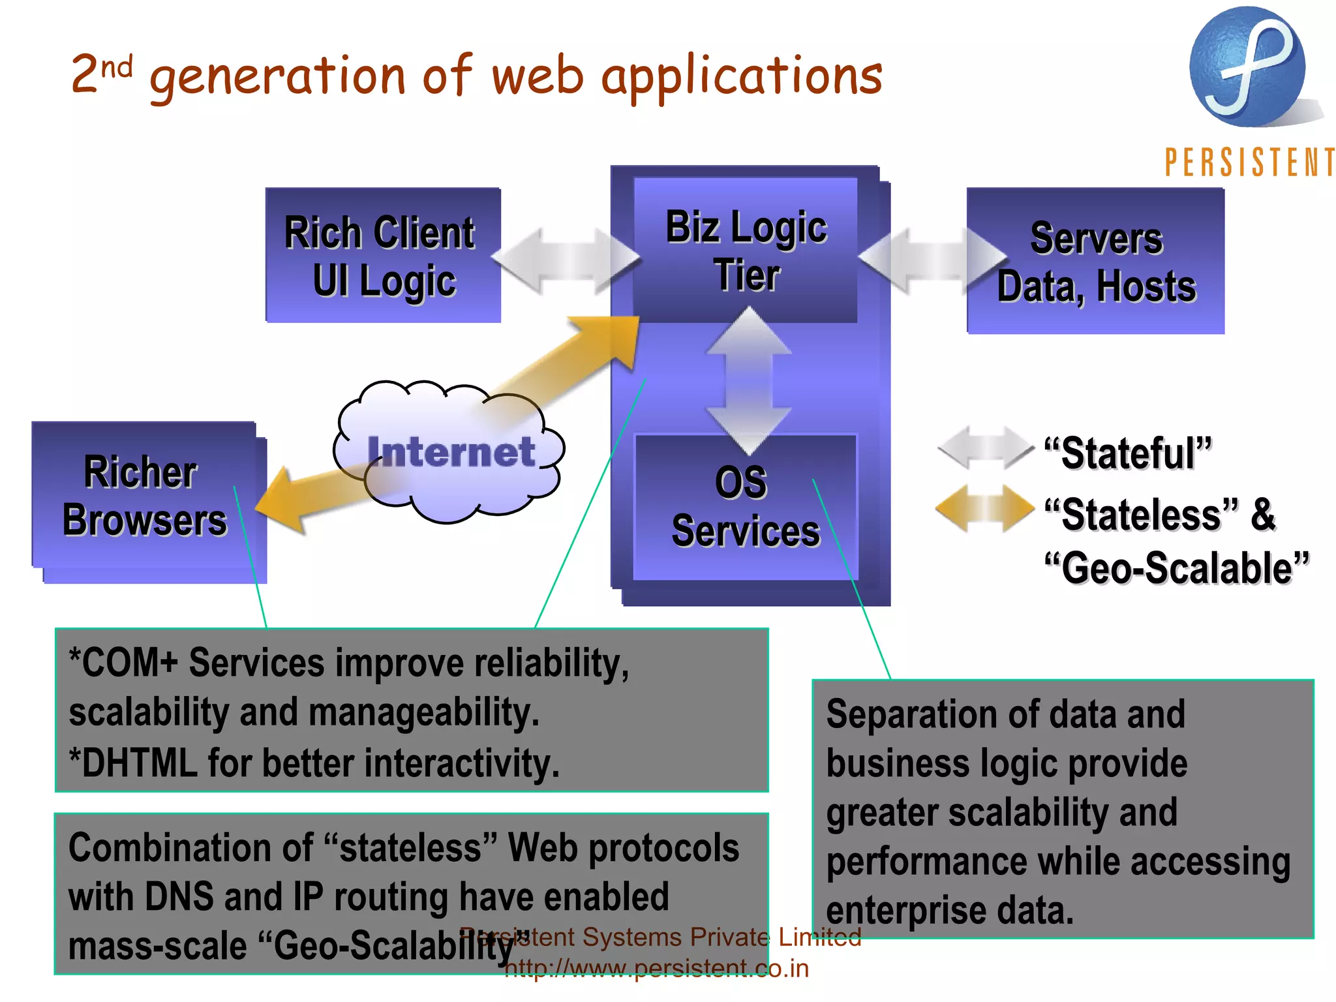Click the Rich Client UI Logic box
pyautogui.click(x=383, y=255)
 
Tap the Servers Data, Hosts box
pyautogui.click(x=1096, y=261)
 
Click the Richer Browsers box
pyautogui.click(x=145, y=497)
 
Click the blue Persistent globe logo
pyautogui.click(x=1247, y=67)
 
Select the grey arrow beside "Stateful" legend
pyautogui.click(x=985, y=448)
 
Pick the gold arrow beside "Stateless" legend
pyautogui.click(x=985, y=509)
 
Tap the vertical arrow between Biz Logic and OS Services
pyautogui.click(x=749, y=380)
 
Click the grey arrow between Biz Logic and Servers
pyautogui.click(x=933, y=260)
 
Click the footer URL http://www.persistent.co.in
pyautogui.click(x=656, y=968)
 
